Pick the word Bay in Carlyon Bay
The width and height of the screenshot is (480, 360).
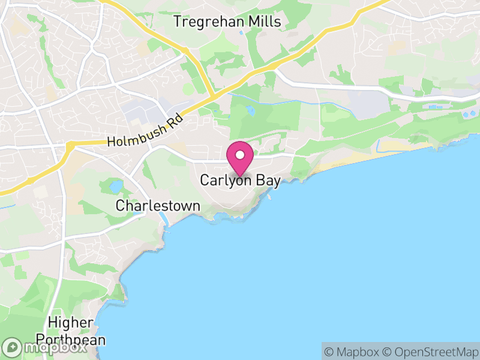point(269,180)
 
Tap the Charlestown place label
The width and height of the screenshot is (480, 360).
point(158,206)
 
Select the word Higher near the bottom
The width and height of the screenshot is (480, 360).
point(71,323)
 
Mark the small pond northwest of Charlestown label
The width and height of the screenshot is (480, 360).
point(115,186)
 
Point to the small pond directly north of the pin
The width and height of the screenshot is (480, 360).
point(250,111)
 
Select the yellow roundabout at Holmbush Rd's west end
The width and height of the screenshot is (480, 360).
point(70,146)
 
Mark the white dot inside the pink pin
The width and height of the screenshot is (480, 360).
point(240,155)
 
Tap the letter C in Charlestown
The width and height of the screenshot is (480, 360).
point(121,206)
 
